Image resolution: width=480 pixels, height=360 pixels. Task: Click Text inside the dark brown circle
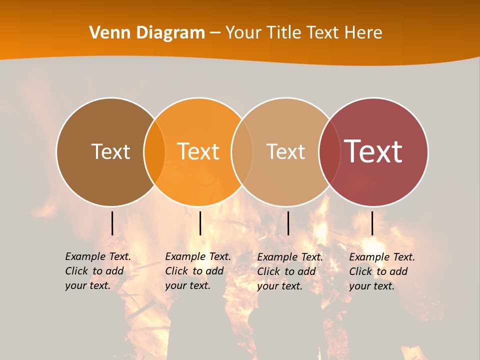110,152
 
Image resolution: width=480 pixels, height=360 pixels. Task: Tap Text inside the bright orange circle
198,152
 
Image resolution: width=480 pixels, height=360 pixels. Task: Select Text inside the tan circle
285,152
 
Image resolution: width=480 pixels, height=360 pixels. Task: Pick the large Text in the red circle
373,151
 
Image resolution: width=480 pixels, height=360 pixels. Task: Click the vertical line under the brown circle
112,223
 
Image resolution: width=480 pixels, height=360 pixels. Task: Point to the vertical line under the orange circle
200,223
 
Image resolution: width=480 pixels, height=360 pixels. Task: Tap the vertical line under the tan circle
288,223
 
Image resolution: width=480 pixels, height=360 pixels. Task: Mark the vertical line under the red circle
372,223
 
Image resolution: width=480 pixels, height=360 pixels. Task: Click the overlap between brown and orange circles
154,152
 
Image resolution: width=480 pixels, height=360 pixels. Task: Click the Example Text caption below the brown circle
97,271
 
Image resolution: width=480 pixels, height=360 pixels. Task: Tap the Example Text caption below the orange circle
197,271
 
